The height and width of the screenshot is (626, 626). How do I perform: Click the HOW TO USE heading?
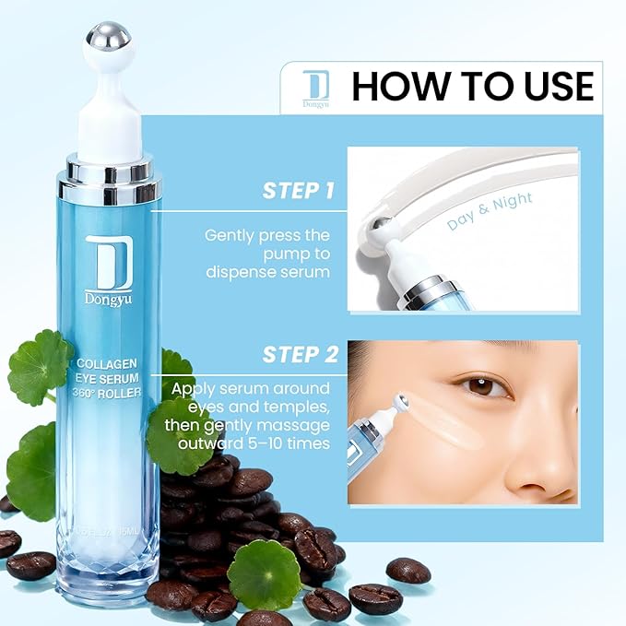(x=472, y=87)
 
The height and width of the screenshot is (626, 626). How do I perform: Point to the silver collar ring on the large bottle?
(x=109, y=180)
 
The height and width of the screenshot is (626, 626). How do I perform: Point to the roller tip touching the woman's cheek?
(x=402, y=404)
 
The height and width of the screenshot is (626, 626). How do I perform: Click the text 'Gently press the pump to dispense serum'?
(x=267, y=254)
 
